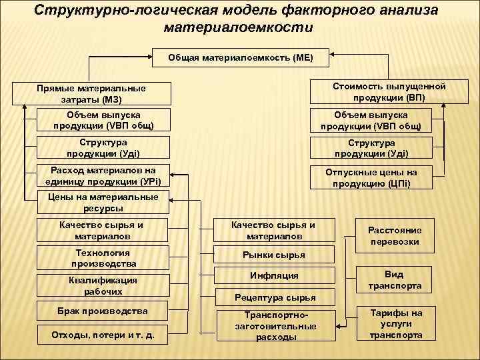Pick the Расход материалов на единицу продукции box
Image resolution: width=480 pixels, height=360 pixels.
point(103,175)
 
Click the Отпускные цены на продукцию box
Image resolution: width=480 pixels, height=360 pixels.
point(371,177)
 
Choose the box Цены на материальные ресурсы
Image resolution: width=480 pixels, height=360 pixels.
point(103,202)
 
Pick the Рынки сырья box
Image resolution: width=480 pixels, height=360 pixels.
point(273,254)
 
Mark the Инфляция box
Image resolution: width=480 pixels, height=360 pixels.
point(273,275)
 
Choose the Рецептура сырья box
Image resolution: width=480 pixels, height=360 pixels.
point(273,297)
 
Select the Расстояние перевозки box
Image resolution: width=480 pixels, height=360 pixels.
point(394,235)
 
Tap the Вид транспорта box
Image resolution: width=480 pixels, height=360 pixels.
point(394,280)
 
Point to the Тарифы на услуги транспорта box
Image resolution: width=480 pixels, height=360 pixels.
point(394,324)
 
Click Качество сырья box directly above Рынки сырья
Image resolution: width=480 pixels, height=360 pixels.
point(273,230)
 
